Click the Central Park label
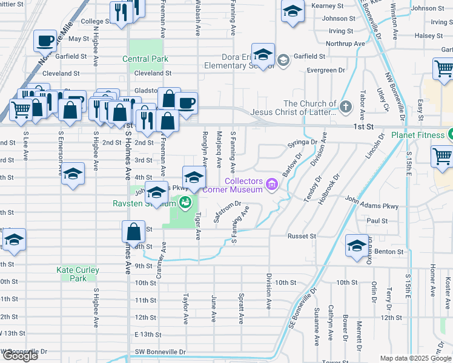[145, 59]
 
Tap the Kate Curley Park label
[78, 274]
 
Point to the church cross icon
[345, 108]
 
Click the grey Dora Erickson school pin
[282, 59]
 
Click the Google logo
[20, 356]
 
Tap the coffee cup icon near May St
[45, 41]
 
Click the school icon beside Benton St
[357, 245]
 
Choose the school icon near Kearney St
[293, 11]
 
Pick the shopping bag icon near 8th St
[133, 232]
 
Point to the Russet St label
[302, 236]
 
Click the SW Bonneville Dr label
[24, 352]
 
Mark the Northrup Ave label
[345, 44]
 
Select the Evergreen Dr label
[325, 70]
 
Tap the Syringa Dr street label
[302, 142]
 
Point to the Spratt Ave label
[241, 308]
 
